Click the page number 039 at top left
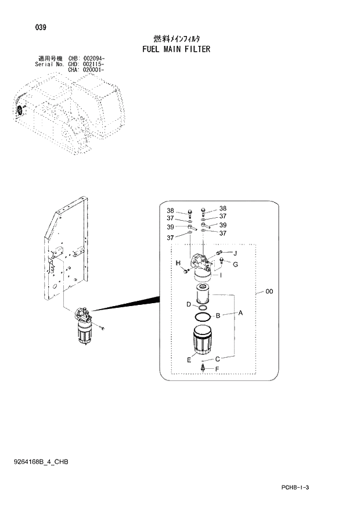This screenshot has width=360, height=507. pos(40,27)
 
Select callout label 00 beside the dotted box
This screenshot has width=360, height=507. pos(269,292)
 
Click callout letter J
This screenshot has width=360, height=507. pos(235,253)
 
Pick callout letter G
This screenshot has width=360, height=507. pos(236,264)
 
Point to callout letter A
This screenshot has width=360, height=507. pos(240,312)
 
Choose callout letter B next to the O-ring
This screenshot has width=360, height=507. pos(218,316)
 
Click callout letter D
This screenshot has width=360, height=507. pos(188,304)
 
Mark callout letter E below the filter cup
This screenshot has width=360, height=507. pos(189,360)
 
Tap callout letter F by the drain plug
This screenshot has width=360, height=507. pos(217,369)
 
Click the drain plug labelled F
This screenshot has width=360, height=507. pos(203,367)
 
